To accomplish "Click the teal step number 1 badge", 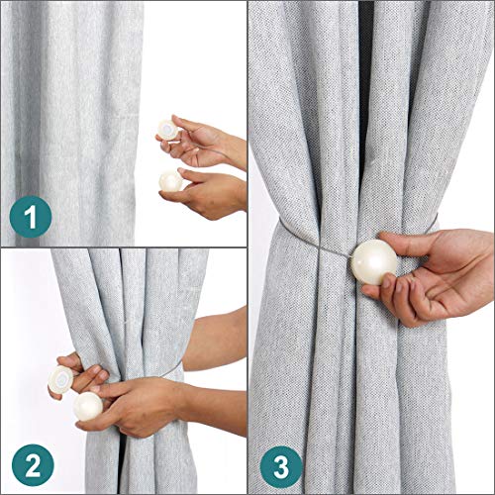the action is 31,217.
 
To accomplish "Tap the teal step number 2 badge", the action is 33,465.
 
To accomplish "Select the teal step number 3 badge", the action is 281,467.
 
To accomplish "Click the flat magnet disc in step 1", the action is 167,130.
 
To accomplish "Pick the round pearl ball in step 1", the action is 170,181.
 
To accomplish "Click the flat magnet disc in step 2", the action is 60,379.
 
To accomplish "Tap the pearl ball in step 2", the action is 88,407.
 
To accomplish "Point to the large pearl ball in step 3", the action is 374,262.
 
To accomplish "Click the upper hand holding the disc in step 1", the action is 201,142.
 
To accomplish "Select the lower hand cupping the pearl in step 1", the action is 205,193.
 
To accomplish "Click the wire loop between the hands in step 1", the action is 211,150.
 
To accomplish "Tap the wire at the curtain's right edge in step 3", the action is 433,224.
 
